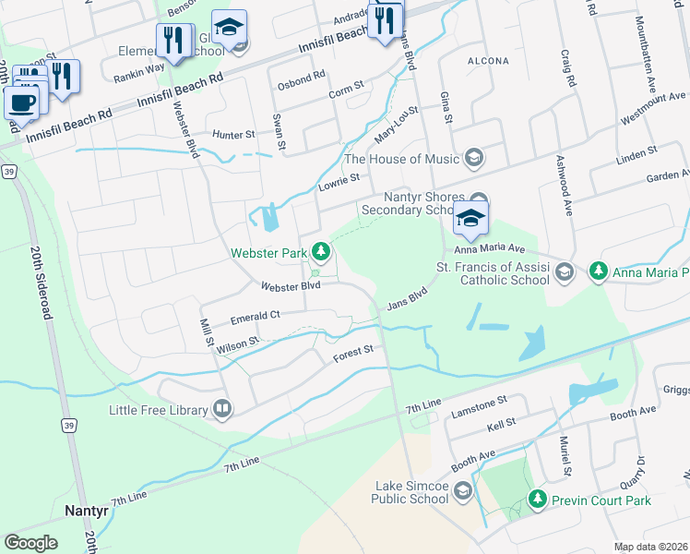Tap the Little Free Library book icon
(221, 408)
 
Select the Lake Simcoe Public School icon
(462, 489)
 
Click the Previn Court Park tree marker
(538, 500)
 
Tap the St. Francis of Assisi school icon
(566, 271)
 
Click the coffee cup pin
(22, 102)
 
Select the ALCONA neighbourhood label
(488, 61)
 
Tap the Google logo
(30, 542)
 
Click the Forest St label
(354, 350)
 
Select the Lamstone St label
(478, 402)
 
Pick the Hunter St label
(233, 135)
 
